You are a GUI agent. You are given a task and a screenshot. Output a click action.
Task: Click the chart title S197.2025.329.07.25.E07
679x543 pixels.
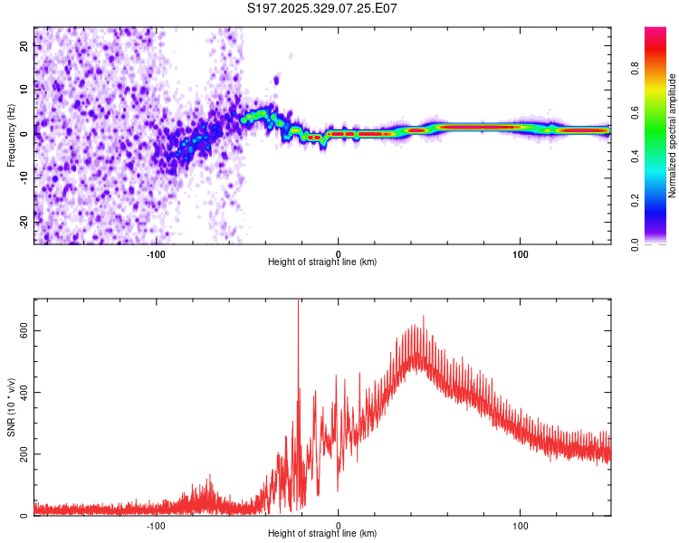tap(323, 8)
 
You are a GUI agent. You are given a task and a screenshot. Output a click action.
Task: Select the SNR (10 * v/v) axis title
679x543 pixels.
tap(11, 407)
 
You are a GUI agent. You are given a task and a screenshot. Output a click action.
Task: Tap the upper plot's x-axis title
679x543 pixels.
tap(322, 262)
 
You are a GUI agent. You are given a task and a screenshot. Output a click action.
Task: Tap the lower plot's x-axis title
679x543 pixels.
tap(322, 533)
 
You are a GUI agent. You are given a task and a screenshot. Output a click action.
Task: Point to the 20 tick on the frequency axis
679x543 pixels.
tap(24, 45)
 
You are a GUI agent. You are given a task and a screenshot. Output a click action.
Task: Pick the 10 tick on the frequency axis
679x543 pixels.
tap(24, 90)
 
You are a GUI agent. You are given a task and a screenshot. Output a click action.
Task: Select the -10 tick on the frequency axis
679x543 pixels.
tap(23, 177)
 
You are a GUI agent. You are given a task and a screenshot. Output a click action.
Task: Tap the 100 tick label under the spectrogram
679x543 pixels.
tap(521, 253)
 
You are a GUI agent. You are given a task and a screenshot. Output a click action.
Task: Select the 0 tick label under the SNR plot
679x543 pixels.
tap(339, 525)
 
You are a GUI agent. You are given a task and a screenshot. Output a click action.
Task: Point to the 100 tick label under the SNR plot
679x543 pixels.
tap(521, 525)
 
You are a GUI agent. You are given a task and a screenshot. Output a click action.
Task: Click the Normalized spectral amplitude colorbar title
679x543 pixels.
tap(673, 136)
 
